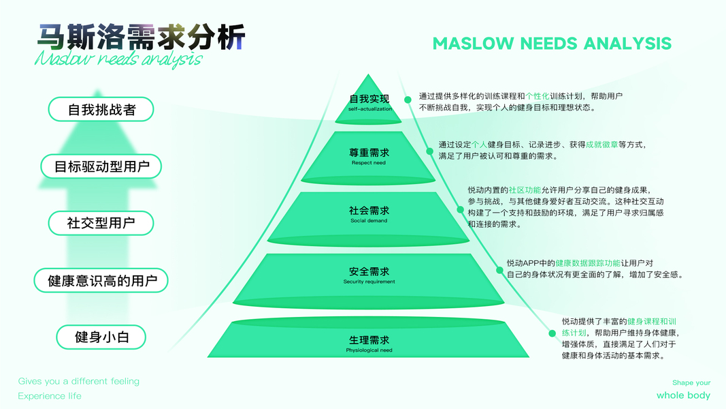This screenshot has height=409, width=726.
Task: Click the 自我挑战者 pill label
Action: (101, 109)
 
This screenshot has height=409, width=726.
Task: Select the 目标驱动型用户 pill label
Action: (102, 166)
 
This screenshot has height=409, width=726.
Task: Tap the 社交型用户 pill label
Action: (101, 223)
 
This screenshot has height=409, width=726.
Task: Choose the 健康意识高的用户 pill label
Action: (102, 280)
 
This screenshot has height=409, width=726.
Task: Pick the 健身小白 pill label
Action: (101, 337)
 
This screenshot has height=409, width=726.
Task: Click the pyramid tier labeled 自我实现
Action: (369, 103)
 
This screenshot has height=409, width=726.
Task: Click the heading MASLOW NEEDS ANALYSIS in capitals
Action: (552, 44)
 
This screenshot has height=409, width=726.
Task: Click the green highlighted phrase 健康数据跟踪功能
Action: (588, 262)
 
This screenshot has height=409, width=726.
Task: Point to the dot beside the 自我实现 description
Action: (408, 100)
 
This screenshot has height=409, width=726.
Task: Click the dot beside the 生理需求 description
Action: (550, 333)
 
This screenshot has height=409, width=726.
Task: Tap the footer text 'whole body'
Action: (683, 395)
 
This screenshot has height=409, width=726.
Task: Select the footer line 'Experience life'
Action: (50, 396)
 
